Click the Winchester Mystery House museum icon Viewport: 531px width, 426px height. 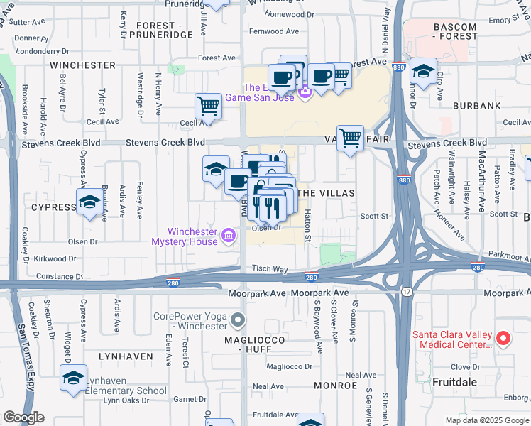point(229,235)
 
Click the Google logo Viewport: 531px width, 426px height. point(23,417)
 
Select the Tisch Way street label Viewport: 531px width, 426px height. point(270,269)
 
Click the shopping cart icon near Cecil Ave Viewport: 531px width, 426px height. point(208,106)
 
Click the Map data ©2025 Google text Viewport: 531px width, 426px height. point(486,420)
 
